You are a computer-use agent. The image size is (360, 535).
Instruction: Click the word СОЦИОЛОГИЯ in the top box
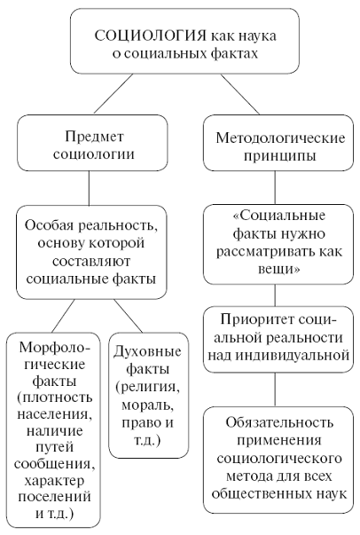click(150, 35)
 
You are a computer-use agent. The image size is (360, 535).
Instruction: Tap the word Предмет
click(94, 137)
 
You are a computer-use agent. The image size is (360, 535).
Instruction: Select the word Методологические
click(280, 138)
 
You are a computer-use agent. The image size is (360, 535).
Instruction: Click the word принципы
click(279, 155)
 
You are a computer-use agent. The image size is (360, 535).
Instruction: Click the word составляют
click(91, 262)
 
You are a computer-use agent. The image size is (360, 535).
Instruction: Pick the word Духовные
click(147, 351)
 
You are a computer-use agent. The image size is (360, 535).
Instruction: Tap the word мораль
click(147, 405)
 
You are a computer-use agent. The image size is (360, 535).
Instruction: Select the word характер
click(55, 481)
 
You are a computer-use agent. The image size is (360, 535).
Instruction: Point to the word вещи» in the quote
click(279, 269)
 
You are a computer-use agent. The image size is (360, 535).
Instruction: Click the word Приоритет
click(255, 319)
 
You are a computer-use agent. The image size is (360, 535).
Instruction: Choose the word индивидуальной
click(278, 356)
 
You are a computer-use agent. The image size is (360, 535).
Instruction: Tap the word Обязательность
click(279, 422)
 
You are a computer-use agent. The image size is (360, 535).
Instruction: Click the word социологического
click(279, 458)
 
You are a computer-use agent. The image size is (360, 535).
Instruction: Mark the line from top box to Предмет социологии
click(113, 93)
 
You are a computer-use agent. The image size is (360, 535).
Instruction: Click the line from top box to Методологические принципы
click(239, 94)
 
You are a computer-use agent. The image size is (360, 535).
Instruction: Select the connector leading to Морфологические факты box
click(63, 316)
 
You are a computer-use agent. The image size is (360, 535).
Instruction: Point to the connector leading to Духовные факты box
click(128, 316)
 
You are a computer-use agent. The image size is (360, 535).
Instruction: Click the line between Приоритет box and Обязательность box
click(275, 389)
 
